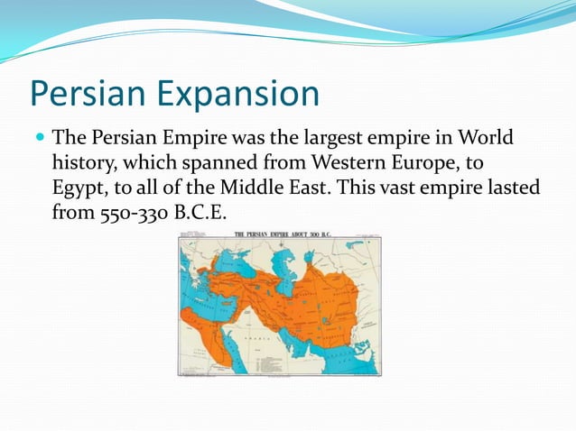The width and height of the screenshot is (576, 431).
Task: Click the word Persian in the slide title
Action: coord(82,94)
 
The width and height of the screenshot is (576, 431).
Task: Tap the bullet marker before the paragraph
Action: coord(39,140)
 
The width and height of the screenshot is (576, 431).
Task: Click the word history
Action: coord(82,165)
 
